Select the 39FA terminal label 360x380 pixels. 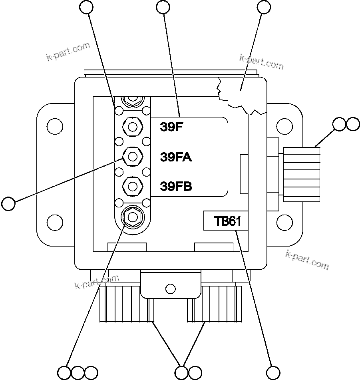[x=176, y=157]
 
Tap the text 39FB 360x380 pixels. [x=176, y=186]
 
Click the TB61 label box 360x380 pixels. [x=226, y=221]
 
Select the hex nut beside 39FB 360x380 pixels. [x=132, y=185]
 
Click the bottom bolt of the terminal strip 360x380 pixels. [x=132, y=216]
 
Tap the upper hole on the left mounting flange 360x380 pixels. [x=54, y=127]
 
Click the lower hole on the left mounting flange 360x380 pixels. [x=54, y=221]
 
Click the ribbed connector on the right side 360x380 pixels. [x=302, y=174]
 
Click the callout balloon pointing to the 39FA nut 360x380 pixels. [x=8, y=203]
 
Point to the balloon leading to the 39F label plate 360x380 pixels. [x=163, y=7]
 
